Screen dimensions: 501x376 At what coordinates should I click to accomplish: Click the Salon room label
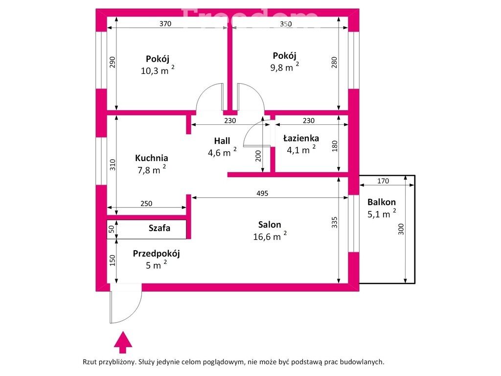tap(270, 224)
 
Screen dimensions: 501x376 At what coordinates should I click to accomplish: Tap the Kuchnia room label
tap(152, 158)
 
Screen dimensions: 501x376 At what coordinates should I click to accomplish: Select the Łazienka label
tap(301, 138)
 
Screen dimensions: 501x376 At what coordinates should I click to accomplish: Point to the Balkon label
tap(382, 202)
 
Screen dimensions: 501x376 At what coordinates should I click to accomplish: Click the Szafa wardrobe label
tap(159, 228)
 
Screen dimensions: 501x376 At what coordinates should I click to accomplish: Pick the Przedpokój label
tap(156, 254)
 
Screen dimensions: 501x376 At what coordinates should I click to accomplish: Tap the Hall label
tap(222, 141)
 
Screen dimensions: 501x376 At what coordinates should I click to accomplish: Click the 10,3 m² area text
tap(158, 70)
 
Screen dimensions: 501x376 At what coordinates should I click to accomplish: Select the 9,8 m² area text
tap(284, 67)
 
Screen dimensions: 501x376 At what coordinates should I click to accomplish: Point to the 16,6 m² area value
tap(270, 236)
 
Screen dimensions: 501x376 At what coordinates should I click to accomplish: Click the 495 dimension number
tap(262, 193)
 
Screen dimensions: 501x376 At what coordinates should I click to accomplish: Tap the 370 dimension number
tap(165, 23)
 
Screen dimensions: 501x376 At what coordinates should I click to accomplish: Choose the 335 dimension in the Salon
tap(334, 223)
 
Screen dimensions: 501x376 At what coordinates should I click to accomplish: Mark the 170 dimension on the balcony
tap(383, 181)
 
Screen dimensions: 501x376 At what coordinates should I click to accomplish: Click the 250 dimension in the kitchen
tap(146, 203)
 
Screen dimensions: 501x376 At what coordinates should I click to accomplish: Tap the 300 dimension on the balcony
tap(401, 229)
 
